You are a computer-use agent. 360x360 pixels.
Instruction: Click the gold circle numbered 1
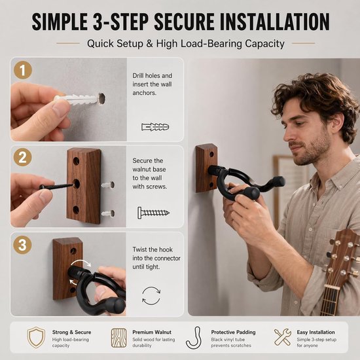[x=23, y=70]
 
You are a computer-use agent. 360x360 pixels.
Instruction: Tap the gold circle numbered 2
[x=22, y=157]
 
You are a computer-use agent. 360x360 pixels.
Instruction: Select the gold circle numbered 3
[x=22, y=245]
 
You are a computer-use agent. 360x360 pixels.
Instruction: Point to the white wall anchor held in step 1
[x=78, y=99]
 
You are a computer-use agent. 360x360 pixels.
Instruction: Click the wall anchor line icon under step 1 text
[x=155, y=127]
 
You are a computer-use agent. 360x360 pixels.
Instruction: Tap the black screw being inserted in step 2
[x=58, y=185]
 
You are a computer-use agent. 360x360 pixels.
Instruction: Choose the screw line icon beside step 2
[x=153, y=213]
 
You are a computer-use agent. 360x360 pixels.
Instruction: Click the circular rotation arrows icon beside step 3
[x=151, y=296]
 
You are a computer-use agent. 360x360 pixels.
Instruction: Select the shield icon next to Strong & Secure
[x=36, y=337]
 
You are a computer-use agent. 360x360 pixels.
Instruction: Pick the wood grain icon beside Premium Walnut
[x=119, y=338]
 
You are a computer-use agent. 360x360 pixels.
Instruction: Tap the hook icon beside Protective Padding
[x=194, y=338]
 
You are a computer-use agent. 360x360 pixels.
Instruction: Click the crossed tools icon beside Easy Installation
[x=283, y=337]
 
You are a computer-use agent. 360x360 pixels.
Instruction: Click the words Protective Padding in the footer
[x=233, y=333]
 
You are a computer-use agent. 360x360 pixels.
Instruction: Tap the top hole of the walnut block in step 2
[x=76, y=161]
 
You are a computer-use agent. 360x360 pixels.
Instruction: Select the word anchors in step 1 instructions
[x=145, y=93]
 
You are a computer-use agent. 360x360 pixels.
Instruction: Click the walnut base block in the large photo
[x=206, y=168]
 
